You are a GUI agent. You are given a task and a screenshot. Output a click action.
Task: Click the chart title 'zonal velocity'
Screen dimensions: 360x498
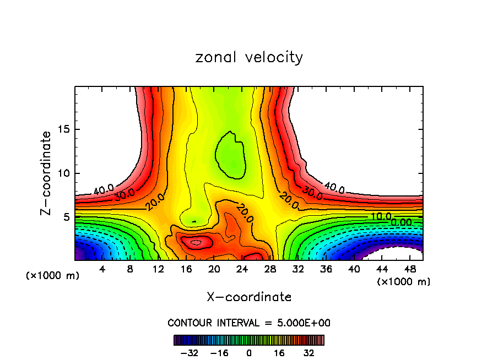pos(249,57)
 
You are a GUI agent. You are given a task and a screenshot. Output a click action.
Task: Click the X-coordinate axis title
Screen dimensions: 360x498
pos(249,297)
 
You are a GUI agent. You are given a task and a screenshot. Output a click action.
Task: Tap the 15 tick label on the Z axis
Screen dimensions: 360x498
pos(63,129)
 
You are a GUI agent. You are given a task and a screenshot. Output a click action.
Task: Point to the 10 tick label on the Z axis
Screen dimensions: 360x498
pos(63,173)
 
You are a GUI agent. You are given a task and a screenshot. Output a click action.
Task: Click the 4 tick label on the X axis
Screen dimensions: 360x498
pos(102,270)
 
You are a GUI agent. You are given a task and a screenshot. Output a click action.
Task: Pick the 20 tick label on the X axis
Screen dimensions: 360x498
pos(214,270)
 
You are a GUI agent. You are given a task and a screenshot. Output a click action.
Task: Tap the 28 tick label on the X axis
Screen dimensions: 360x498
pos(270,270)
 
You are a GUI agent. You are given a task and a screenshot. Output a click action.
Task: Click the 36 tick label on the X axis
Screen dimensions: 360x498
pos(326,270)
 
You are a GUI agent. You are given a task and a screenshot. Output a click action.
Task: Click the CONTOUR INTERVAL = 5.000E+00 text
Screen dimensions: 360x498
pos(249,323)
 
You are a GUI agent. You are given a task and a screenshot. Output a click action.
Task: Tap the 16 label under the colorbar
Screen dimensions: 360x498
pos(279,353)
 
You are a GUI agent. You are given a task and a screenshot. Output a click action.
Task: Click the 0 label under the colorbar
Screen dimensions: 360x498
pos(249,353)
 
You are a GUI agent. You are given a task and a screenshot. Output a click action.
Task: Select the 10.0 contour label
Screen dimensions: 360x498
pos(380,216)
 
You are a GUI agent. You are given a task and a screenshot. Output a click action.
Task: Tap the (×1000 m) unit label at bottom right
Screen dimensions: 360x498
pos(404,282)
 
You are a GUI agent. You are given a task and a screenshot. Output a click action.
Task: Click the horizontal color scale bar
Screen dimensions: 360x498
pos(249,340)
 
